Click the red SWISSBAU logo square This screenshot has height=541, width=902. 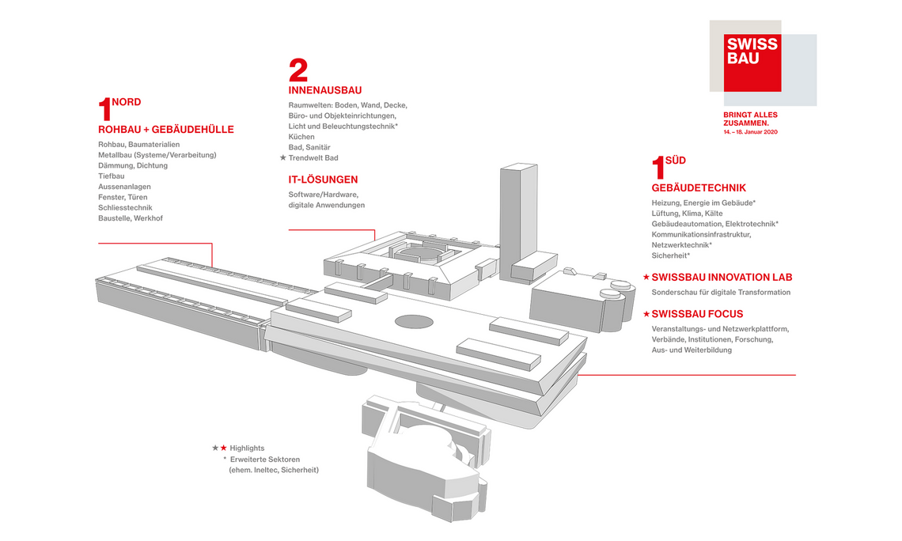pos(752,62)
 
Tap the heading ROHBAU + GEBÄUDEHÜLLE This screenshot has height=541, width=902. pos(166,130)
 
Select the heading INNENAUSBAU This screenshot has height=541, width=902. pos(325,90)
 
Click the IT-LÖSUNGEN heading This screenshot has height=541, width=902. pos(323,180)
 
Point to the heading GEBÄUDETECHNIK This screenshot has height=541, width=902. pos(699,188)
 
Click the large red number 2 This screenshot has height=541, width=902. pos(298,71)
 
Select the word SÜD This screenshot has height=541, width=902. pos(676,161)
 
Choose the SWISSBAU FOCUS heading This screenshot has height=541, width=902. pos(697,314)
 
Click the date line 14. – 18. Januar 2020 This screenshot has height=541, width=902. pos(751,131)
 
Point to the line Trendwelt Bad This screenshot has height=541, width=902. pos(313,158)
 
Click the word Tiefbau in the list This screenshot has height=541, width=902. pos(112,176)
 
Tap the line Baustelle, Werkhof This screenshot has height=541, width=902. pos(131,218)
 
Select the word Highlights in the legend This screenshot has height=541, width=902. pos(247,448)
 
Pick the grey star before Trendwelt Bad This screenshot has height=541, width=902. pos(282,158)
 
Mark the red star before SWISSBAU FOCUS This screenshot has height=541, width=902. pos(646,314)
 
